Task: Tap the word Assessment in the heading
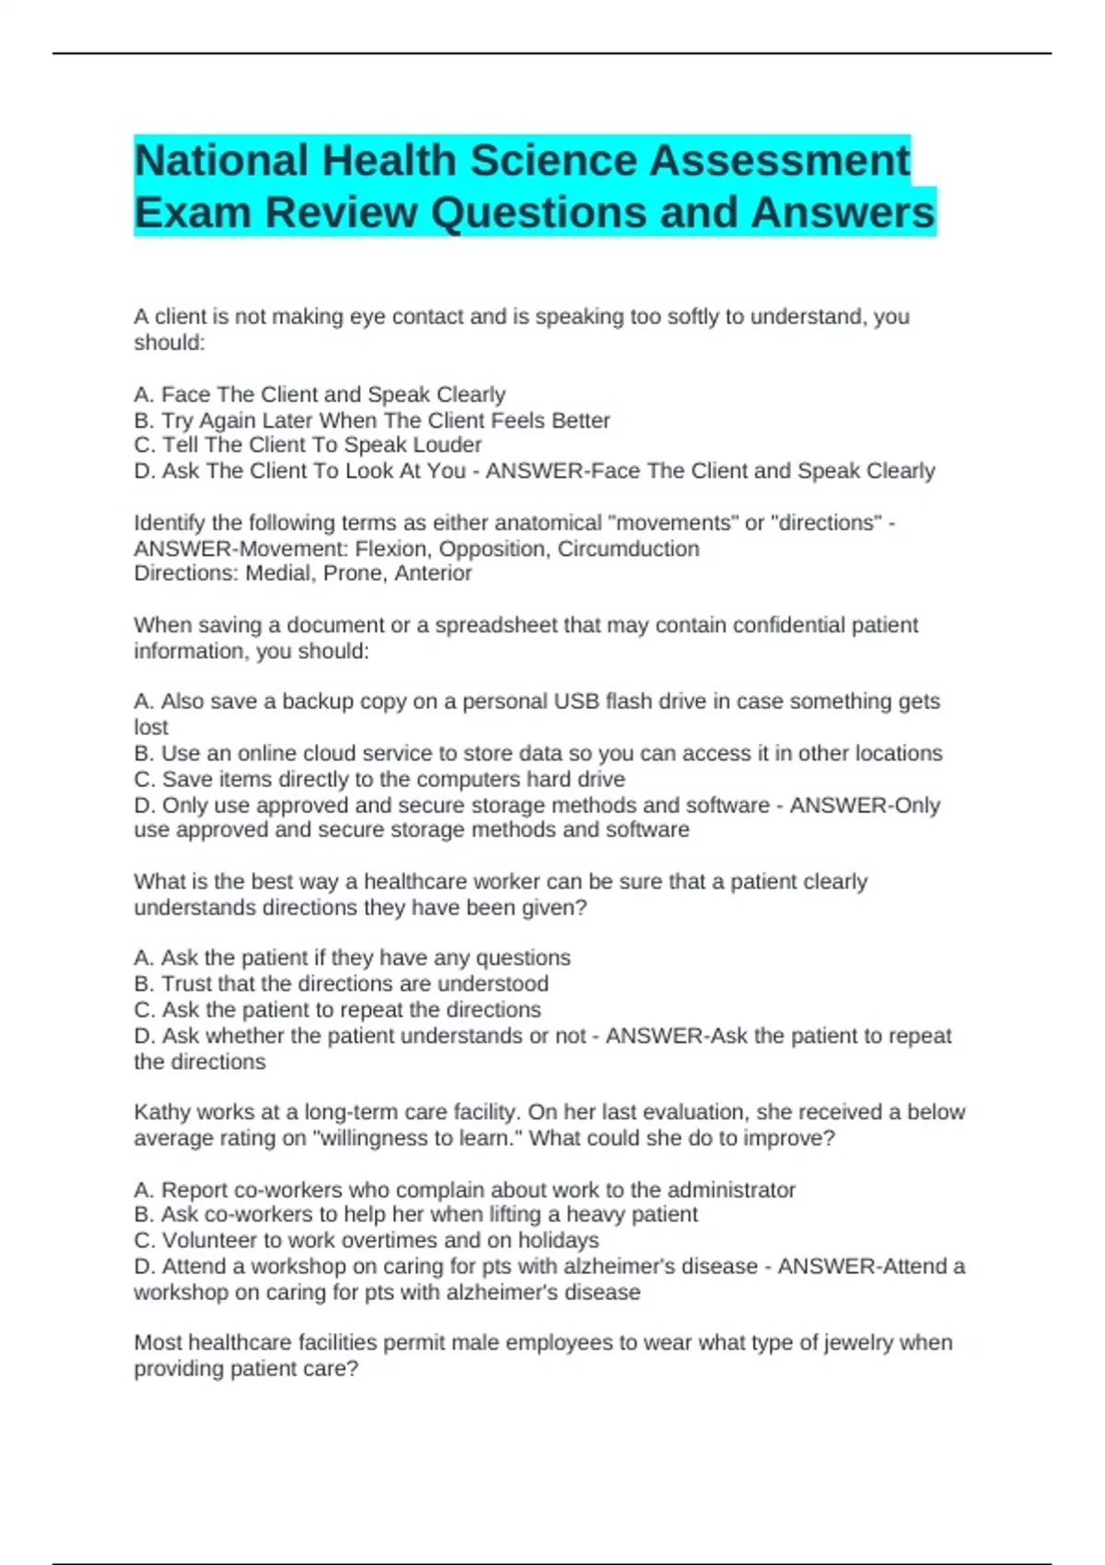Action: click(781, 161)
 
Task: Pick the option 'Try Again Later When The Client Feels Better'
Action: click(372, 421)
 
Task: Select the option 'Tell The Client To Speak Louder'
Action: click(308, 445)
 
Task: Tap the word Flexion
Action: click(392, 549)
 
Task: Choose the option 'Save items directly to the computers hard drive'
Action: click(379, 779)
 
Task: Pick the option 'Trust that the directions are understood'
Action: click(342, 983)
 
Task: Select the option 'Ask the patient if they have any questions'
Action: click(353, 957)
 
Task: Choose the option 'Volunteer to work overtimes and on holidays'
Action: click(366, 1240)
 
